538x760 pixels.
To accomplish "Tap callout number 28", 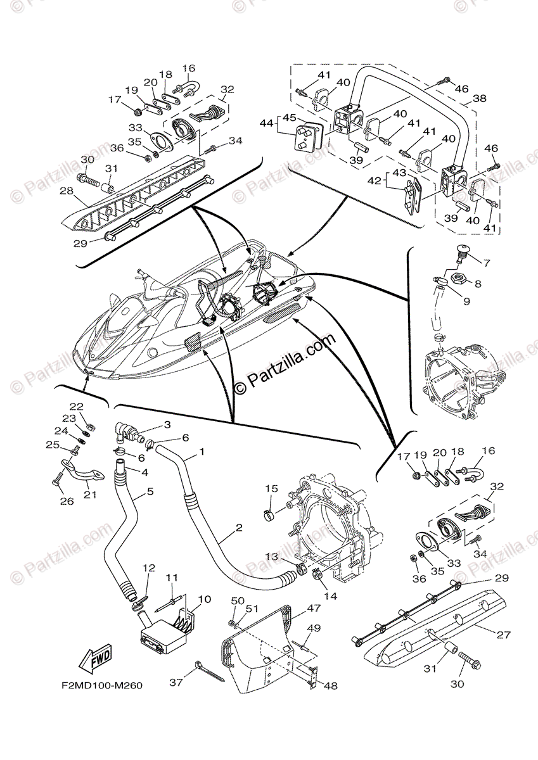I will (x=84, y=190).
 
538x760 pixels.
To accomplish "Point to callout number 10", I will (x=205, y=599).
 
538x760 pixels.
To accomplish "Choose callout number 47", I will (x=313, y=607).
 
